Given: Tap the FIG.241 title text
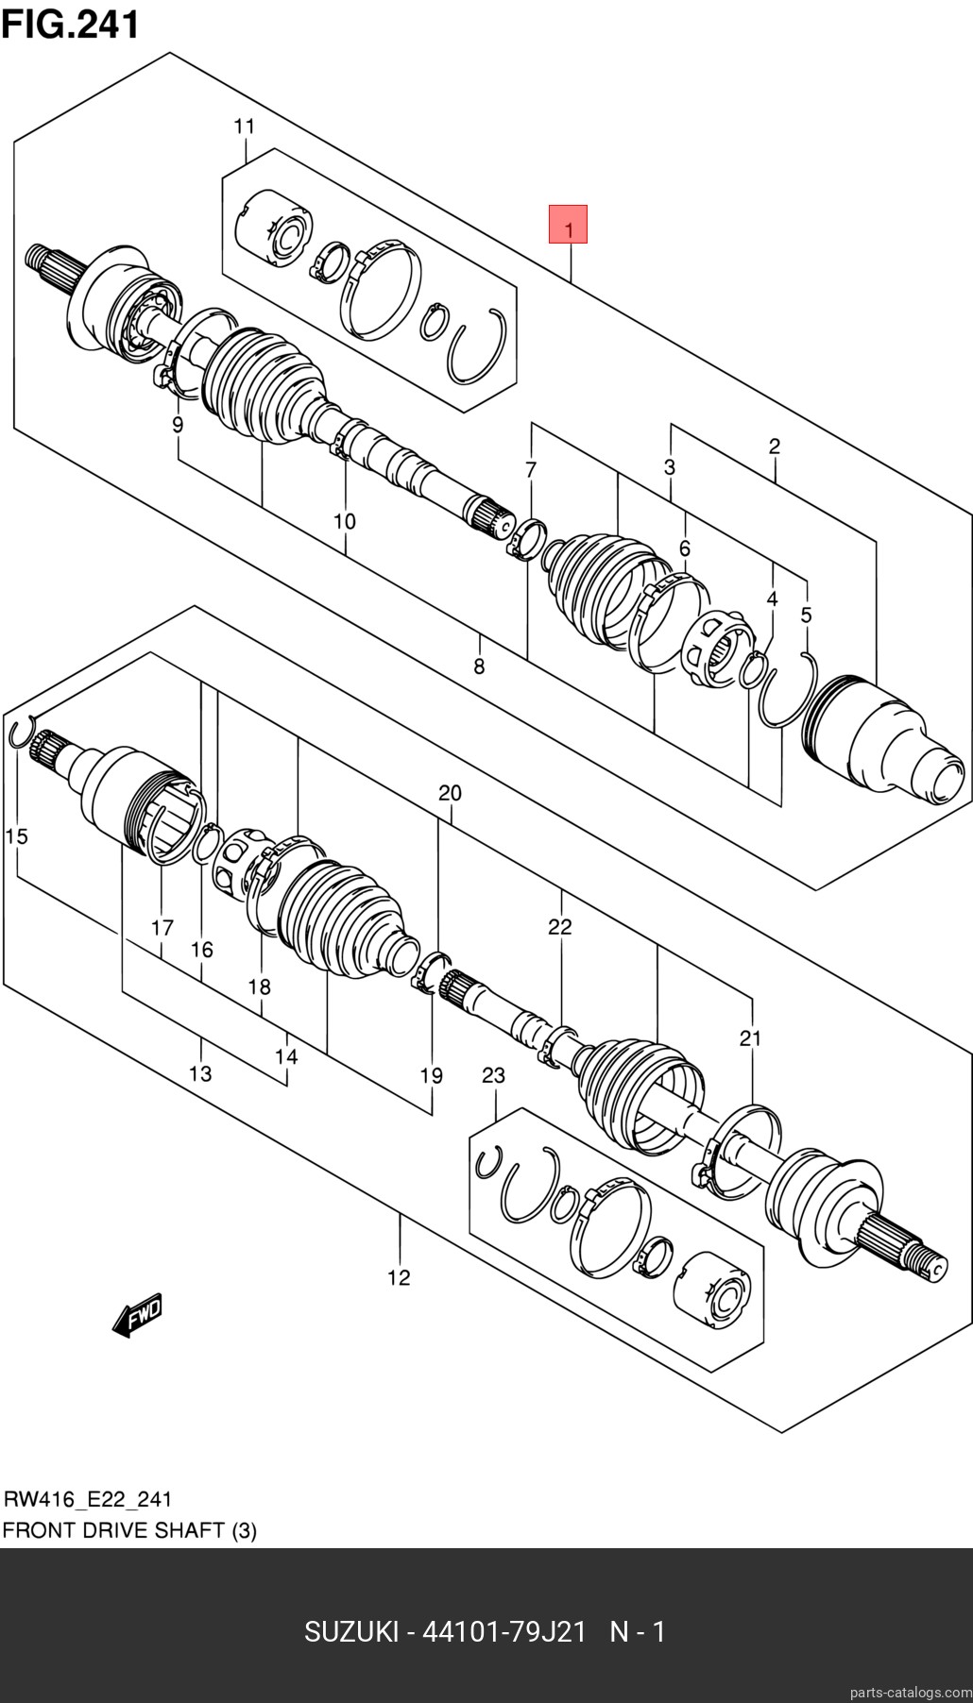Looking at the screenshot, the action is (71, 24).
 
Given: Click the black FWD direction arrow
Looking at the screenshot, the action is (137, 1315).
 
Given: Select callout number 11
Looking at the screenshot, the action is (245, 126).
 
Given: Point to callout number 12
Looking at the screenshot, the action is (399, 1277).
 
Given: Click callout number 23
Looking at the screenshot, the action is (493, 1075).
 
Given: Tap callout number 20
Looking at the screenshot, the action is (450, 793).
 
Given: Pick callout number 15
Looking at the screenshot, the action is (16, 836).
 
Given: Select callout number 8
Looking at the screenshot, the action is (479, 667).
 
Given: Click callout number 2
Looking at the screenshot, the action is (774, 447).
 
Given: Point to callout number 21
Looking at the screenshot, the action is (750, 1038).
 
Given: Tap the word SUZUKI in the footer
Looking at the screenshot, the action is (350, 1631).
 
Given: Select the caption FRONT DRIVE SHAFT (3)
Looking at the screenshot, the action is (129, 1530).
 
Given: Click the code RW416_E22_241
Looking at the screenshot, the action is (88, 1499).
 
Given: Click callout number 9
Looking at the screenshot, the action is (178, 426).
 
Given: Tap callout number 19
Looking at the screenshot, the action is (431, 1075).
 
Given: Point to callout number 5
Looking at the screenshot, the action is (806, 615).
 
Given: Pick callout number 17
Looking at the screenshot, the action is (162, 928).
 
